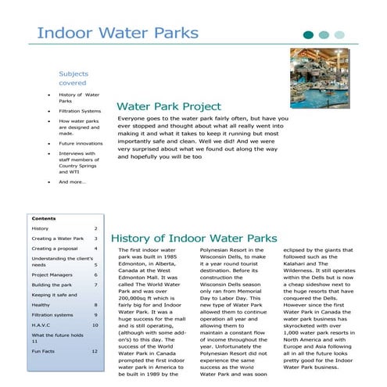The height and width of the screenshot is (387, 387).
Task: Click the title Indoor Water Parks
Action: click(117, 34)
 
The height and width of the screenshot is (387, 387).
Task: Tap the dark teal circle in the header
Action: click(308, 34)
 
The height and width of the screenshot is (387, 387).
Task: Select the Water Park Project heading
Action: click(168, 106)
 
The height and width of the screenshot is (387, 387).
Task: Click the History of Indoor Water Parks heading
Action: click(194, 238)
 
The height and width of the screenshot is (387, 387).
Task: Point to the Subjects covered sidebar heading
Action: click(73, 78)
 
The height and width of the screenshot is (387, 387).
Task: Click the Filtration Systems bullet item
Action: click(80, 111)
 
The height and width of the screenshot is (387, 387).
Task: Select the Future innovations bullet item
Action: click(81, 144)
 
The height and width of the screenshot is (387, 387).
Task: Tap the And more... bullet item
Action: click(72, 182)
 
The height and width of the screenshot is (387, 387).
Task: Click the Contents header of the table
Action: click(44, 218)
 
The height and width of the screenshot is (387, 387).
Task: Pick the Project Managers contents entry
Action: click(54, 275)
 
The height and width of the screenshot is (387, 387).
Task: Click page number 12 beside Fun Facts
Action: click(95, 352)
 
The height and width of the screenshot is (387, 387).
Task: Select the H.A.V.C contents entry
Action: click(41, 324)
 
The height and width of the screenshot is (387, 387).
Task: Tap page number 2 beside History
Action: click(95, 228)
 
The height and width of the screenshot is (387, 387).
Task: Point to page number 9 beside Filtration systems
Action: click(95, 314)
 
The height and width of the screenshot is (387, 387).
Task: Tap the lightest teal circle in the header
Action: click(339, 34)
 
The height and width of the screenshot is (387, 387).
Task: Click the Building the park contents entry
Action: click(52, 285)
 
